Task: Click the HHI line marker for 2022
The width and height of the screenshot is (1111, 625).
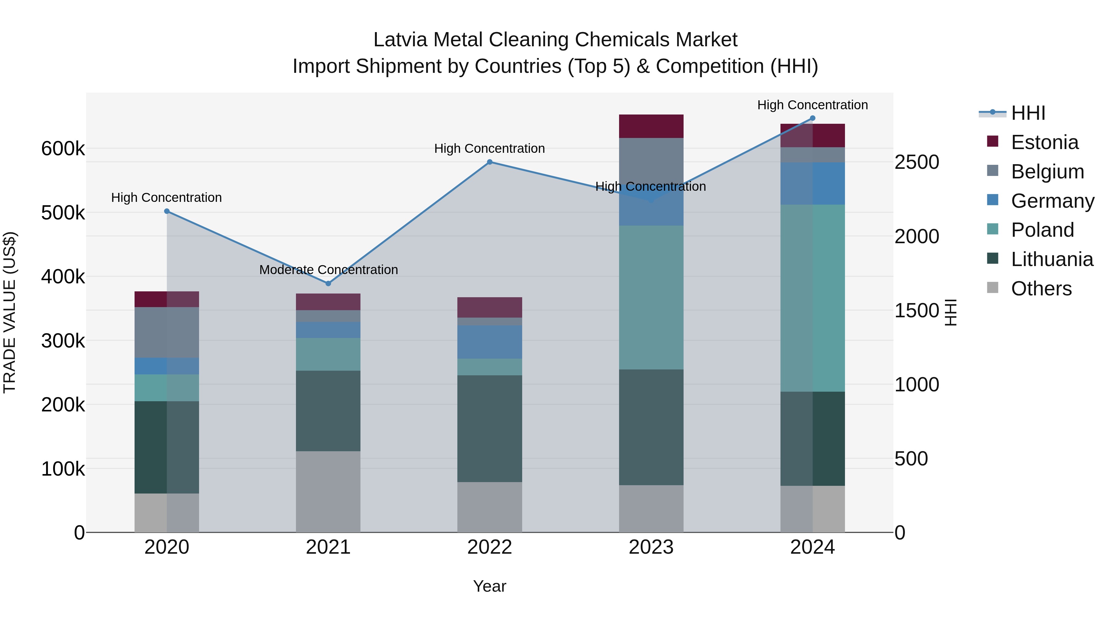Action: click(489, 162)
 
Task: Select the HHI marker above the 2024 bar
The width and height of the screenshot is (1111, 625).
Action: click(813, 118)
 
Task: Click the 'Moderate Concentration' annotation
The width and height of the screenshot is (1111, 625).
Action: click(328, 269)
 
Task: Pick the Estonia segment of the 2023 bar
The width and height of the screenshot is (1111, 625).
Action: click(651, 126)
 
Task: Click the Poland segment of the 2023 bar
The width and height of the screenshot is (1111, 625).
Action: click(651, 297)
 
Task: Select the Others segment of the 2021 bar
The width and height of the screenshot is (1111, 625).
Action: click(328, 492)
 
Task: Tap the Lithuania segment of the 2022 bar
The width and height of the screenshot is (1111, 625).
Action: click(489, 428)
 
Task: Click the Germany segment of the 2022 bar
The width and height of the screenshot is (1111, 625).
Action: click(489, 342)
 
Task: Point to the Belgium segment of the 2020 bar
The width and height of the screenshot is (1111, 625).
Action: click(167, 332)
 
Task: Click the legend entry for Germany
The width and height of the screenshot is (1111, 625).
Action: click(1052, 201)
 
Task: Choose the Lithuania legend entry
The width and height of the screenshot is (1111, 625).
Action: click(1051, 259)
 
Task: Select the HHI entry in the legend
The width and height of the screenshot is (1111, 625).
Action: click(1028, 113)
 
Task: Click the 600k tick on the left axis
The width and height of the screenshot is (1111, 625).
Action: click(63, 149)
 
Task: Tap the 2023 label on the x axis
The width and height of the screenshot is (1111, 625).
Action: click(651, 547)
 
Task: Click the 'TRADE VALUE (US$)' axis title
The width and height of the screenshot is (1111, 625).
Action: click(10, 312)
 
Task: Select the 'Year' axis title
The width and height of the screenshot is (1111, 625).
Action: click(489, 586)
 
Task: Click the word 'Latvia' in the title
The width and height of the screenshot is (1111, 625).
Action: click(400, 40)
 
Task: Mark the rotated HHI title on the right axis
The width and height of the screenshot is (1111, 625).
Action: click(951, 312)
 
